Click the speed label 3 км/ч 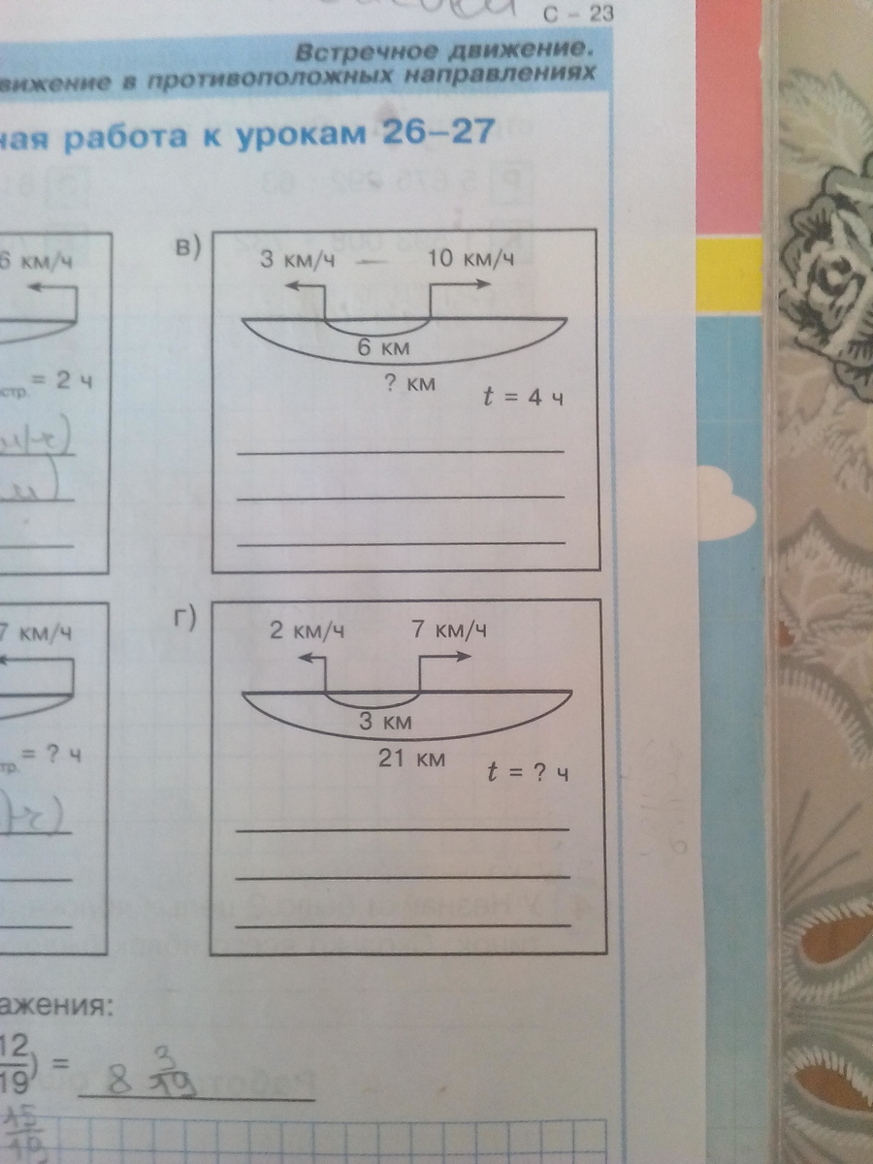click(297, 260)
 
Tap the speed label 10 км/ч click(469, 259)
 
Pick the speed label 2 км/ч click(306, 631)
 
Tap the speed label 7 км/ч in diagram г click(448, 630)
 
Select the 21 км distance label click(411, 759)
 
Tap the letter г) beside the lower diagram click(185, 619)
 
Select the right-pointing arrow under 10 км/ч click(462, 284)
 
